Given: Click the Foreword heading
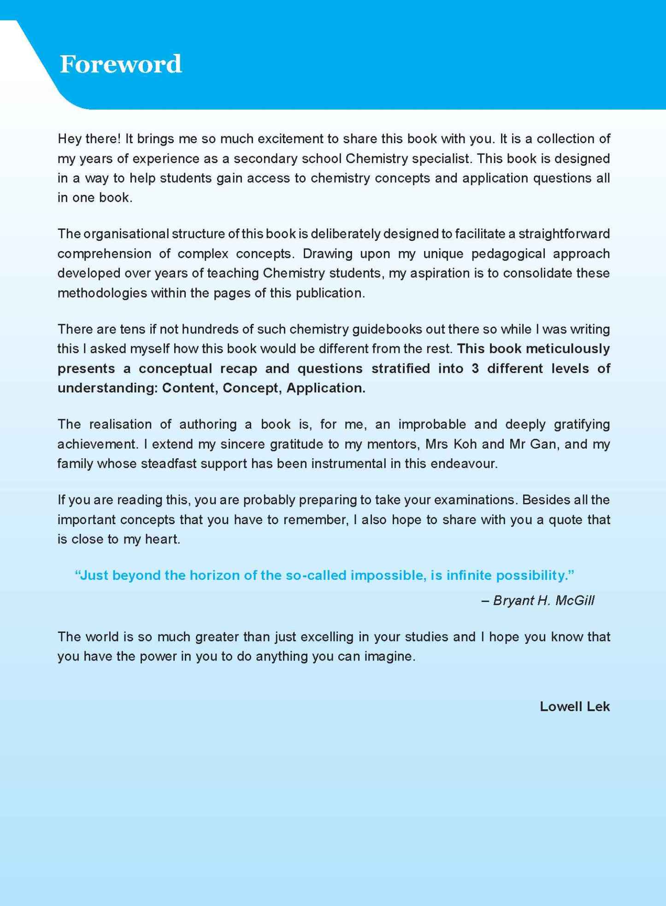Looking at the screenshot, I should coord(121,64).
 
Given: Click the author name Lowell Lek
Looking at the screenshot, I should coord(574,707).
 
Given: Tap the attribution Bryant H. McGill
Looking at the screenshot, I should coord(543,601).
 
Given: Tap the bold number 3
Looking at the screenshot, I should coord(475,368).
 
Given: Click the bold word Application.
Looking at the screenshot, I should coord(325,388).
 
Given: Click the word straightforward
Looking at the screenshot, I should coord(564,234).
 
